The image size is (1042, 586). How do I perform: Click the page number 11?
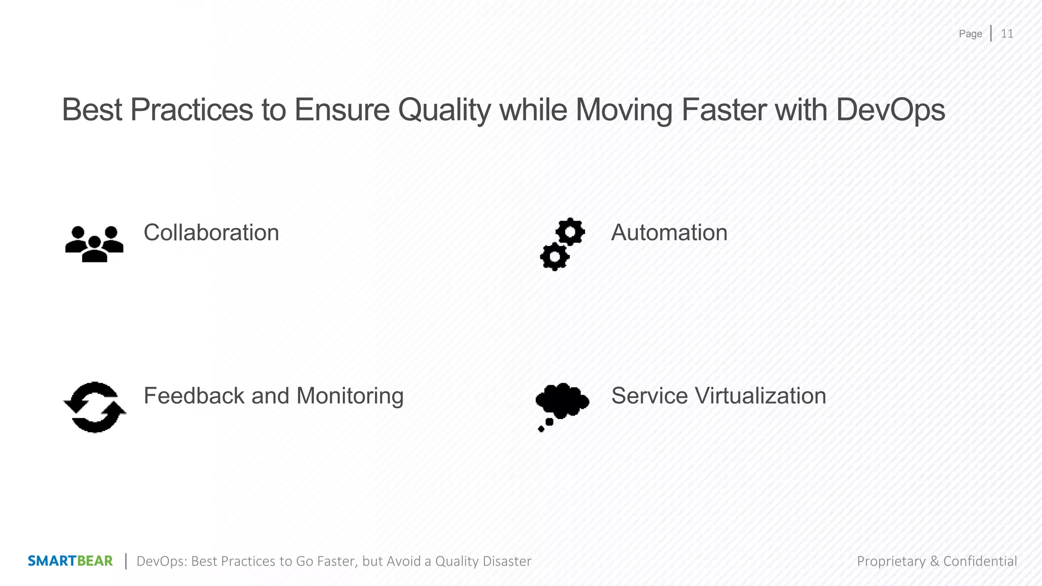pos(1007,34)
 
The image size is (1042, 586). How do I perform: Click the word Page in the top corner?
pos(970,34)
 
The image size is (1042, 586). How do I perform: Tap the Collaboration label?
pos(211,232)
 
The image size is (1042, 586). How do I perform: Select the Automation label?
pos(669,232)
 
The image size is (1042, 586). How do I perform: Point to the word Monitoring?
pos(350,397)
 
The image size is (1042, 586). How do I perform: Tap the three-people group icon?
pos(95,244)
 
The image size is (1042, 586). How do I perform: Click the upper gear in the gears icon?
pos(570,232)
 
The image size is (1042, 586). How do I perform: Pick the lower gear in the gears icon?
pos(554,257)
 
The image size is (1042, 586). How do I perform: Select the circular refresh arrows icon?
pos(95,407)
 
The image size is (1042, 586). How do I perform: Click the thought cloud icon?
pos(562,401)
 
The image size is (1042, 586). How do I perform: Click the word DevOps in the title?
pos(890,110)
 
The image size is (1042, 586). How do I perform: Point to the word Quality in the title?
pos(444,110)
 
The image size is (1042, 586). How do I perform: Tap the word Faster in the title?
pos(723,110)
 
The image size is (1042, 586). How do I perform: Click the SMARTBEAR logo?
pos(70,561)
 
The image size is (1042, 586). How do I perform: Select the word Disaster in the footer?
pos(507,561)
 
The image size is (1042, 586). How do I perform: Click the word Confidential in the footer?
pos(980,561)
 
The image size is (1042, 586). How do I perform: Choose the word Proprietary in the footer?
pos(891,561)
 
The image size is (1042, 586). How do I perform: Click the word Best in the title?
pos(92,110)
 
